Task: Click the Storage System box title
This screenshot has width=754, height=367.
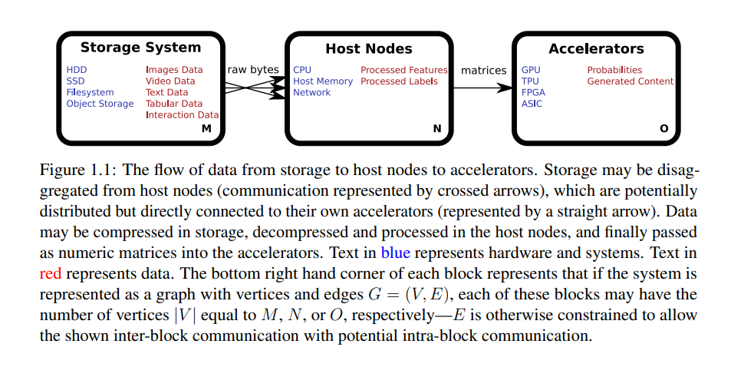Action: pos(140,48)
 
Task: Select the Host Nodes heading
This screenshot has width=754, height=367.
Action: pos(369,48)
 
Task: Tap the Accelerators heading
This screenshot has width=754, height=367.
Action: pos(596,48)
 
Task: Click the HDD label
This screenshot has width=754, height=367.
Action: pos(77,71)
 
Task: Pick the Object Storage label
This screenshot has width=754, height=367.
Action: pos(100,104)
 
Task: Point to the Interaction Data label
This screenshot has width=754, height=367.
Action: pos(183,114)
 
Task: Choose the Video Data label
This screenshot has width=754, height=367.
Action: pos(170,81)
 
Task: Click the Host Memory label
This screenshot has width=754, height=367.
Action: pos(323,81)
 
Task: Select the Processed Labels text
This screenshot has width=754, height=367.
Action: pos(399,81)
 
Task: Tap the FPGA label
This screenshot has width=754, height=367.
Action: pos(533,92)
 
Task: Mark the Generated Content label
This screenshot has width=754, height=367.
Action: pos(631,81)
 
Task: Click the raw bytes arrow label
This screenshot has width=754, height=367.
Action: pos(253,70)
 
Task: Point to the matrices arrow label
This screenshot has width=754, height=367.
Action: pos(484,71)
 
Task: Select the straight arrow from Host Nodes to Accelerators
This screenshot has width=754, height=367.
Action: pos(482,88)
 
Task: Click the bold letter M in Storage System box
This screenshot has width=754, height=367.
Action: pos(206,128)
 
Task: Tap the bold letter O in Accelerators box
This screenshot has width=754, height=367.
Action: pos(663,128)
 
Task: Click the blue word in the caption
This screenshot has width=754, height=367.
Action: pos(395,253)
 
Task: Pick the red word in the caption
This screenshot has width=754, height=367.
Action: pos(51,273)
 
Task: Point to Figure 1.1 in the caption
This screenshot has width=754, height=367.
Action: pos(80,170)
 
